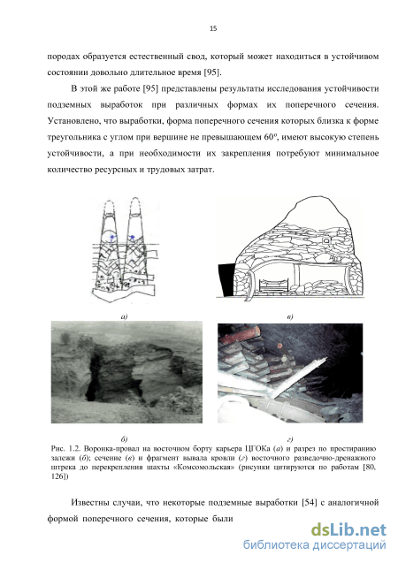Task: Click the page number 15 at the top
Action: point(213,28)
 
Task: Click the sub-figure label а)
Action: point(125,316)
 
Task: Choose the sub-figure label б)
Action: point(125,438)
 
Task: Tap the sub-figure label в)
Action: point(290,316)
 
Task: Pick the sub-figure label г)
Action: point(290,438)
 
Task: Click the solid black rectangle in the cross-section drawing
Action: point(226,279)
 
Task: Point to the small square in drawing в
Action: point(325,241)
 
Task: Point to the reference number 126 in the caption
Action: point(57,476)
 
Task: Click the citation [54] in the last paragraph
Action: point(310,502)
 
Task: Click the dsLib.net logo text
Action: point(348,529)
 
